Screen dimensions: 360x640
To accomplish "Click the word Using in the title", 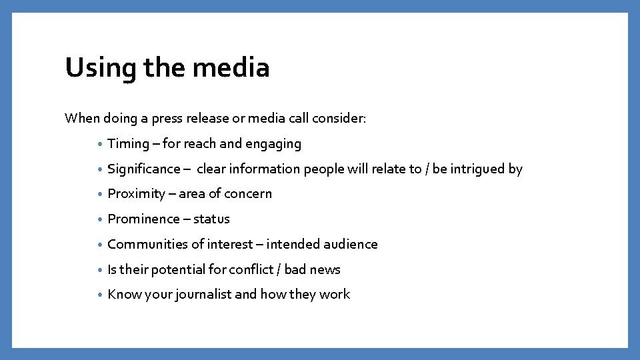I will [92, 67].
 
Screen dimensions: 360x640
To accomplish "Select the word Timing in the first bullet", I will [129, 143].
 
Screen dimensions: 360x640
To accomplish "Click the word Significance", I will [144, 169].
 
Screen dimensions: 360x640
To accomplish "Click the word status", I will [211, 219].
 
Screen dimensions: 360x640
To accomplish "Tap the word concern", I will [248, 194].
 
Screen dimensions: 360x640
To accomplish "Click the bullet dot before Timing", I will [99, 145].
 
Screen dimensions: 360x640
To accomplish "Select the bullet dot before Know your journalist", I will [99, 295].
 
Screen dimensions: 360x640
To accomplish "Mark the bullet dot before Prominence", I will [99, 220].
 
